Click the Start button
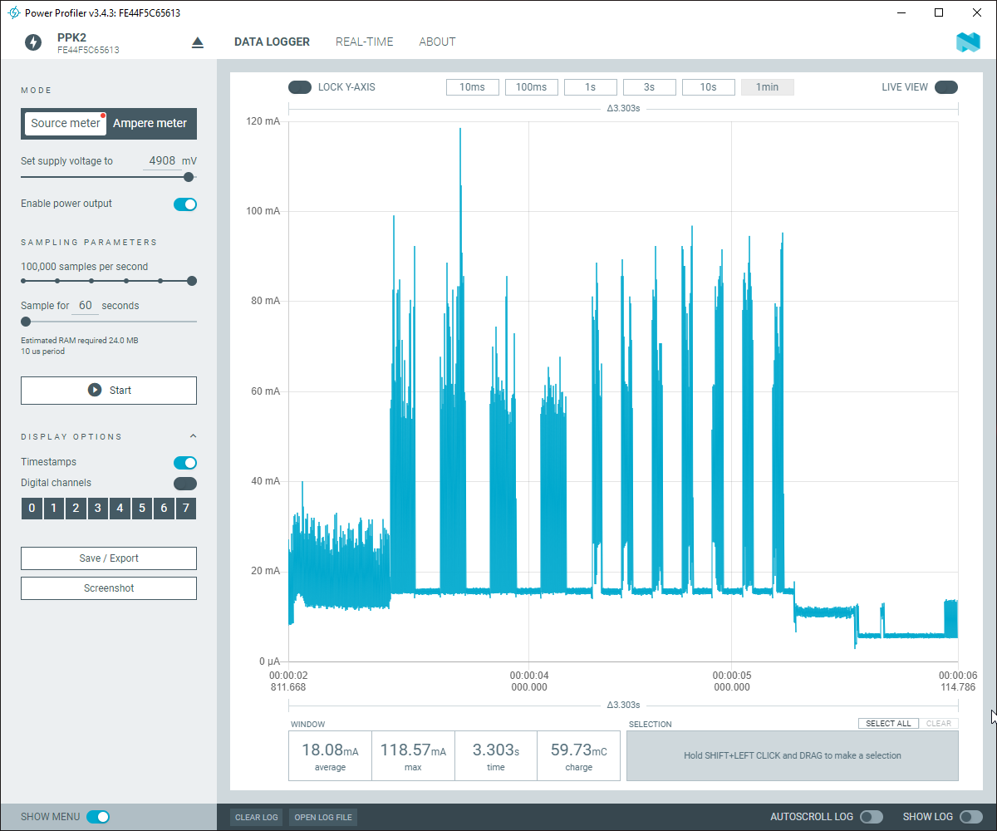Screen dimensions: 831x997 click(x=109, y=391)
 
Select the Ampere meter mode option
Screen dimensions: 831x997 click(x=150, y=124)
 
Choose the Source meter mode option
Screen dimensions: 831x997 click(x=66, y=124)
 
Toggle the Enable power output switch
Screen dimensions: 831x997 click(x=185, y=204)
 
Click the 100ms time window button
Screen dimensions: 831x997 click(x=531, y=87)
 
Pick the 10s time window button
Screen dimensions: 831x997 click(x=708, y=87)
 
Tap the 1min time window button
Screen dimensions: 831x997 click(x=767, y=87)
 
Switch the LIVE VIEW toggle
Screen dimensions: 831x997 click(x=945, y=87)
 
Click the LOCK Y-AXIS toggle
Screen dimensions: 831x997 click(x=299, y=87)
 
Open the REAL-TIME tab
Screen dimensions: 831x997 click(x=364, y=42)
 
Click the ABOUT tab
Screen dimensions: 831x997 click(x=437, y=42)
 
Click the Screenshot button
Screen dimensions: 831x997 click(x=109, y=588)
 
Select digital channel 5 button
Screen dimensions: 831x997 click(x=142, y=509)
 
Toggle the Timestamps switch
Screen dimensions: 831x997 click(x=185, y=463)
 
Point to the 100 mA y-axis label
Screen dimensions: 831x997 click(x=263, y=211)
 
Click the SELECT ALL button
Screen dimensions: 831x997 click(x=888, y=724)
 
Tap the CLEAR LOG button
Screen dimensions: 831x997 click(x=256, y=817)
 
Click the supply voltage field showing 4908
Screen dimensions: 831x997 click(x=162, y=161)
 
